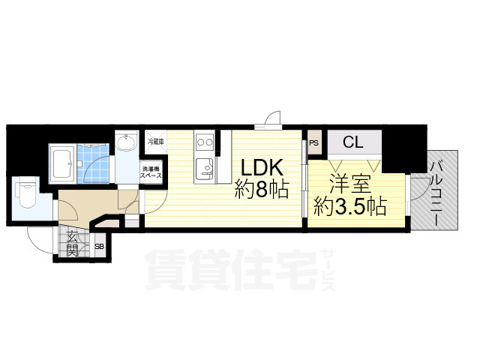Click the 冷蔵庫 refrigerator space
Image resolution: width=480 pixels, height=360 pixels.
pos(155,141)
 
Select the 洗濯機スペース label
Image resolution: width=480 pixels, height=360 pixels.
pos(151,169)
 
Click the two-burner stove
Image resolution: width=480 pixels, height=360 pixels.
pos(204,141)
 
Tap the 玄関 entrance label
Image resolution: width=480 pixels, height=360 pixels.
pos(71,244)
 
